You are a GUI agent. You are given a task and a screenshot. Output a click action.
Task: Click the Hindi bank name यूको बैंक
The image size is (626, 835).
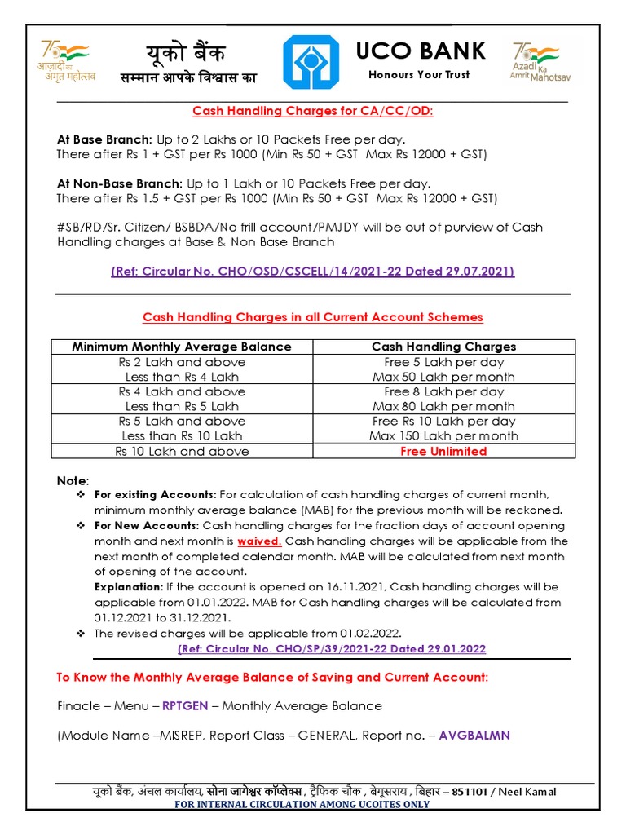click(186, 54)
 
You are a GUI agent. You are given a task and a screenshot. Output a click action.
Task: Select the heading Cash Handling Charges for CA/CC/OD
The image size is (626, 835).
click(312, 111)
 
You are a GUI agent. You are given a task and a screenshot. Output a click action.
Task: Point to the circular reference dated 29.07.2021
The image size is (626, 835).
click(312, 271)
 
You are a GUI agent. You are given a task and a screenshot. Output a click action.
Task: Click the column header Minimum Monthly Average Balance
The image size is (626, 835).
click(182, 347)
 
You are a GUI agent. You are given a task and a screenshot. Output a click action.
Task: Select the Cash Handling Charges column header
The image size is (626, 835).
click(443, 347)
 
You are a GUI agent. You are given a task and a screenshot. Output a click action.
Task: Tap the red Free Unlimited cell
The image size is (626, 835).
click(443, 451)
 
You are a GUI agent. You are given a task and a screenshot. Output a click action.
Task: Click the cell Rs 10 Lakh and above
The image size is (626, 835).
click(182, 451)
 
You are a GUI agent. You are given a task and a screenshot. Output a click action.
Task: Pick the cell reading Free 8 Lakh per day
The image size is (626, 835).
click(443, 391)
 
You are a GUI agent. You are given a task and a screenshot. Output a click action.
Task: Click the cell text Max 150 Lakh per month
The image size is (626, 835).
click(443, 435)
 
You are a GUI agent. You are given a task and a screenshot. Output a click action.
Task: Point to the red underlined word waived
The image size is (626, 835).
click(259, 541)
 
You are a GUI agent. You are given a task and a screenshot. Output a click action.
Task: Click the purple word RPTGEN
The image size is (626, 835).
click(189, 705)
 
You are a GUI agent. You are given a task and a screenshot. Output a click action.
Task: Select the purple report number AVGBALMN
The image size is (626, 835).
click(474, 735)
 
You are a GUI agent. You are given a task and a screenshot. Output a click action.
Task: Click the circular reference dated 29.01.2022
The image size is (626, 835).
click(331, 648)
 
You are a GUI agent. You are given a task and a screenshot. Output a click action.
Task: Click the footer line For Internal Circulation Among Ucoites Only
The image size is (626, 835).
click(302, 804)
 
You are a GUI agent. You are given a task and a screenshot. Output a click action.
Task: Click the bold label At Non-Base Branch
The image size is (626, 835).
click(119, 183)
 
